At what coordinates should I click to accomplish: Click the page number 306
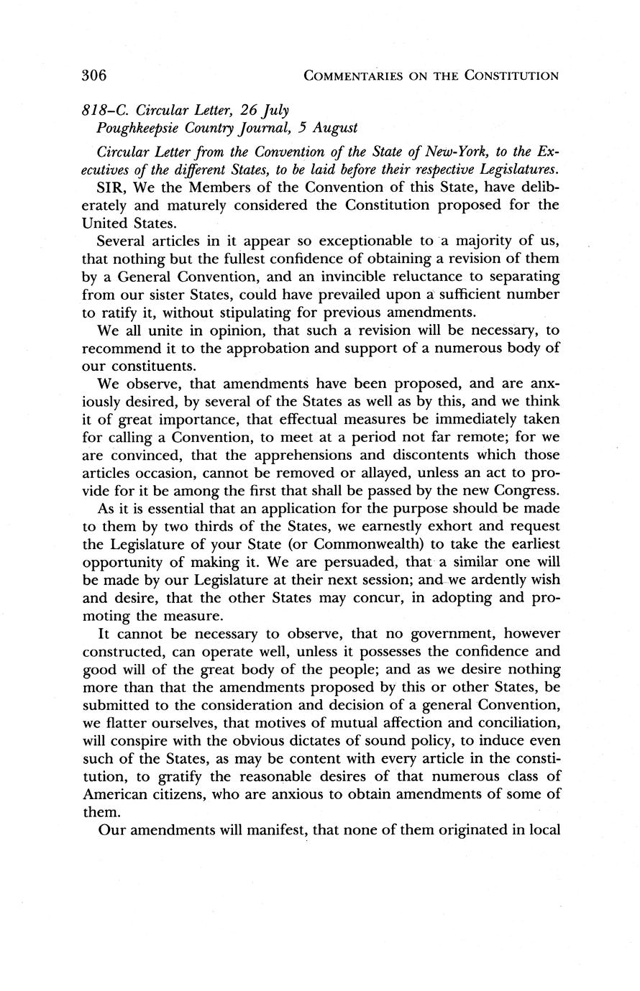click(x=94, y=75)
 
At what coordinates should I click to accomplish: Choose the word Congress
click(x=524, y=491)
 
